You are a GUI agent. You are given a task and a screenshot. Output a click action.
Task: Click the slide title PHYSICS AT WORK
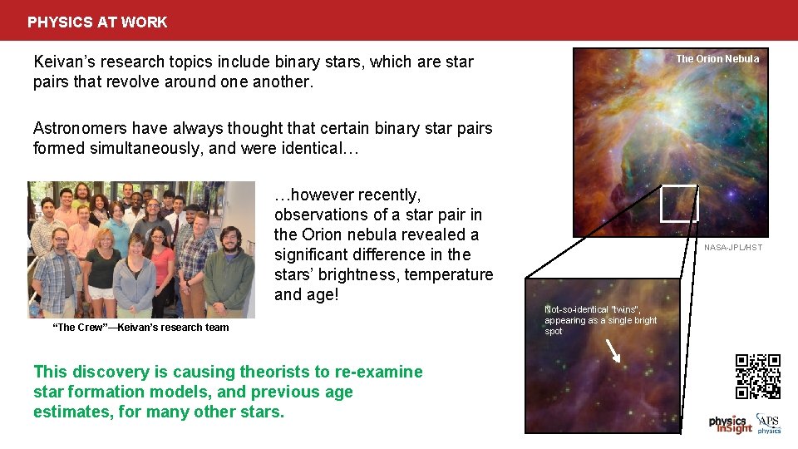(x=97, y=22)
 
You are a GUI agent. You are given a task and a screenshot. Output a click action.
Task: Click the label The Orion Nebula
(x=717, y=59)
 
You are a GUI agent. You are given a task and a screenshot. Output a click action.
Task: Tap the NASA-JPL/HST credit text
(x=732, y=248)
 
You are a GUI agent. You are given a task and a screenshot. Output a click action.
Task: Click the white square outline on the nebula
(x=679, y=204)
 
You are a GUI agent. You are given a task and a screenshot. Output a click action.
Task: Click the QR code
(x=757, y=377)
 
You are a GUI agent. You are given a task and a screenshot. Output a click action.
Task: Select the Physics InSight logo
(x=730, y=424)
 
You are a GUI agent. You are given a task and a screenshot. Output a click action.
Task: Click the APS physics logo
(x=768, y=423)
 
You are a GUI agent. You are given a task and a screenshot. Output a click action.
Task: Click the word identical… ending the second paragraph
(x=323, y=149)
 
